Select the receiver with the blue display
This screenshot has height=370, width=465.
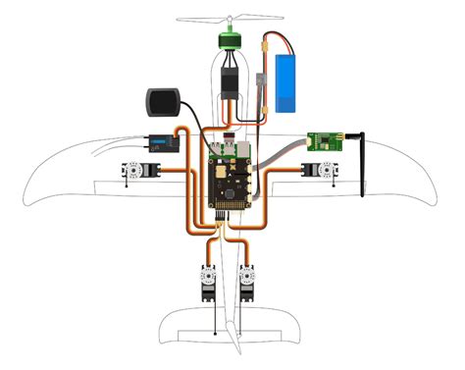coord(160,143)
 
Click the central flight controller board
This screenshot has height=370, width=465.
coord(230,177)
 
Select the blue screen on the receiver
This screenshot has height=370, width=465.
coord(157,143)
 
